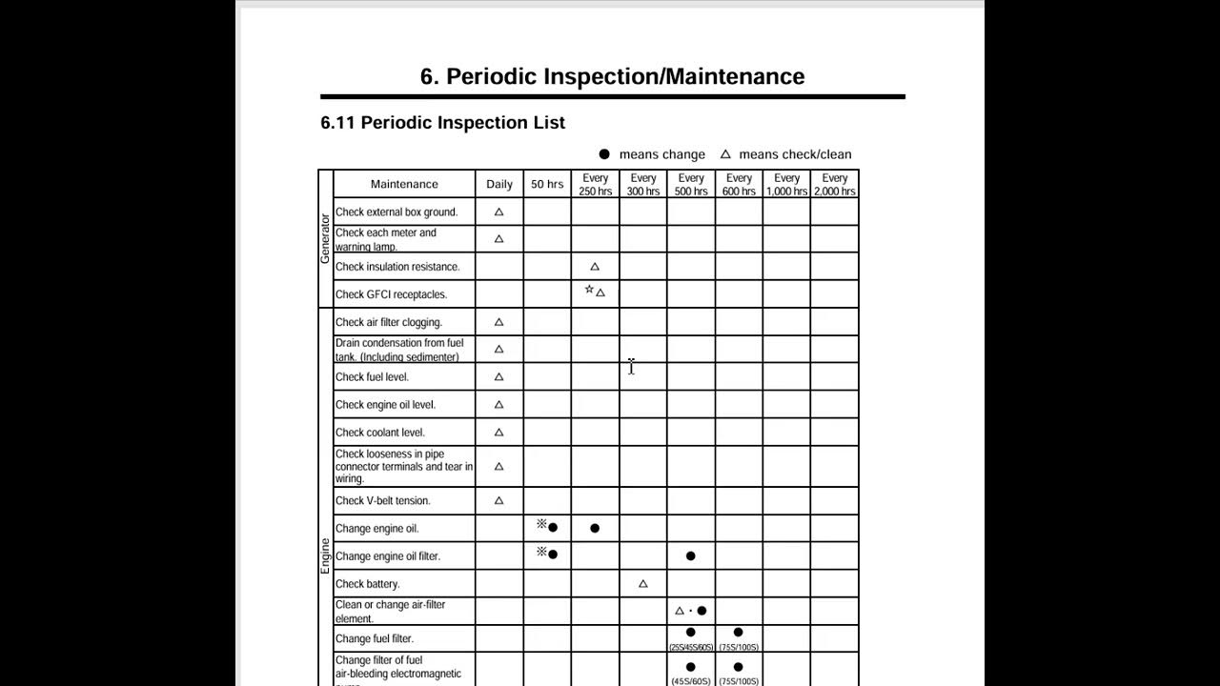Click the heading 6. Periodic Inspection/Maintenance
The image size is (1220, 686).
612,76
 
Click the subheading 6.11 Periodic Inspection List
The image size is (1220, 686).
442,123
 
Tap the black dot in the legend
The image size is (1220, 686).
603,154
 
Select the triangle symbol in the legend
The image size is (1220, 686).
725,154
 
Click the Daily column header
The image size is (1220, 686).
499,184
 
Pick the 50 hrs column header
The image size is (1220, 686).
547,184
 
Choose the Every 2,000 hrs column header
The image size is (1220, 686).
835,184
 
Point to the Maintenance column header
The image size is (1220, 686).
404,184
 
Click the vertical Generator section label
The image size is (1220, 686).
325,238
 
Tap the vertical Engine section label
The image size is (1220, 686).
325,555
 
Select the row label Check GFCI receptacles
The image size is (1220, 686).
391,294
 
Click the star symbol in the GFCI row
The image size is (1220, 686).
589,290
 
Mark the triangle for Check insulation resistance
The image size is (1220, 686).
595,267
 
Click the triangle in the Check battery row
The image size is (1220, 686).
642,584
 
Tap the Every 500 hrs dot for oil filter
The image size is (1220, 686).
690,555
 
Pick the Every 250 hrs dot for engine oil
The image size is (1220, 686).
595,528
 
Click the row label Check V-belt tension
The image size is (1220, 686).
382,501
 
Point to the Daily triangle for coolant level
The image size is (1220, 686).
498,433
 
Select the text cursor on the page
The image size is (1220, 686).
631,367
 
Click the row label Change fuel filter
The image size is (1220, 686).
375,639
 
